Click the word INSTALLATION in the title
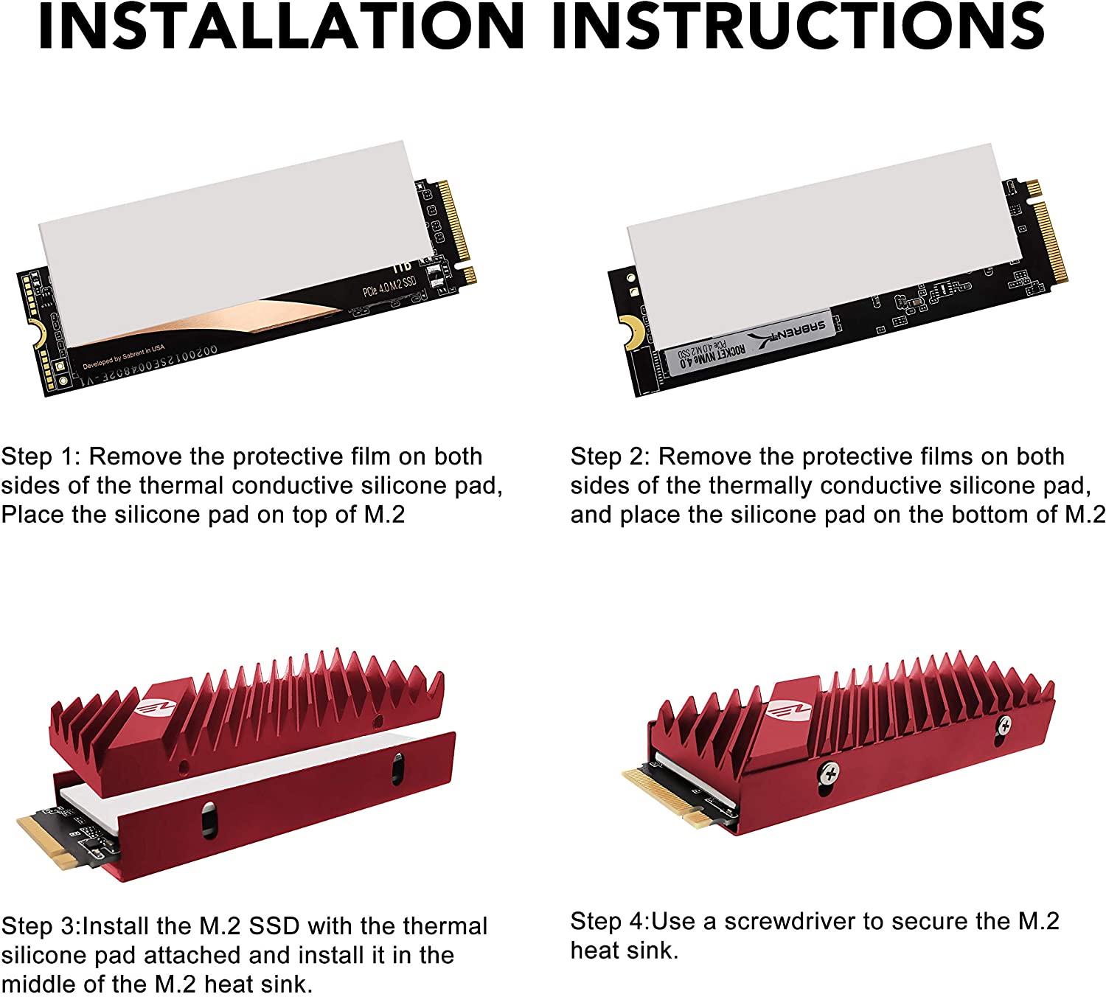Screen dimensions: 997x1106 [x=280, y=27]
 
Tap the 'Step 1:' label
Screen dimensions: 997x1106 [x=41, y=456]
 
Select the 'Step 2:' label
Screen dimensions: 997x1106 [x=611, y=456]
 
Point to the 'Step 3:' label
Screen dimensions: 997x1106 [x=41, y=926]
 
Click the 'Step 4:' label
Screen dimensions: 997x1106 [x=610, y=922]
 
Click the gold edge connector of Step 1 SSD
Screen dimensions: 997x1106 [x=454, y=221]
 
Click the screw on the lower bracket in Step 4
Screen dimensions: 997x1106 [x=830, y=774]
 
